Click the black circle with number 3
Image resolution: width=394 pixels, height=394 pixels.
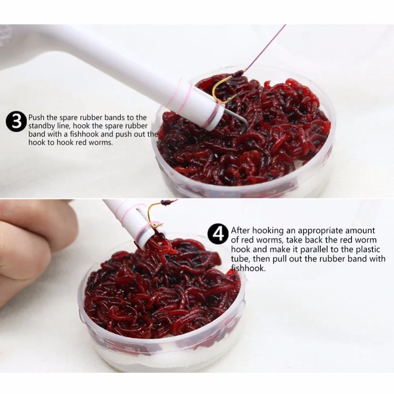tap(16, 122)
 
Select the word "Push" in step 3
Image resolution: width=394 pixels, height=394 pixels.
tap(36, 117)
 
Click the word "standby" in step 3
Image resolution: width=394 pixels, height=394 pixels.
tap(41, 126)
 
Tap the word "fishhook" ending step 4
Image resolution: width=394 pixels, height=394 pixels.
tap(248, 268)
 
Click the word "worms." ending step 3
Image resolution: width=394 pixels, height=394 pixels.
tap(102, 143)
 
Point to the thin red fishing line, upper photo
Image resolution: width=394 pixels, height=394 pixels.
tap(266, 47)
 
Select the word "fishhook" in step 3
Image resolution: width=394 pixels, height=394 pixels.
tap(85, 134)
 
